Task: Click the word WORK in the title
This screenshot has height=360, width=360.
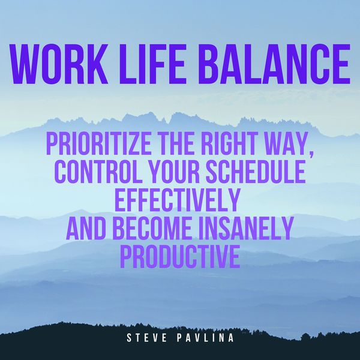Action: click(x=59, y=65)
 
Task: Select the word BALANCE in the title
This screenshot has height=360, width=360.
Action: click(x=277, y=65)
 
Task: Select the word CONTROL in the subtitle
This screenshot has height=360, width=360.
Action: click(x=98, y=171)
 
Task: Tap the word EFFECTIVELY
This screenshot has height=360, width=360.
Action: click(x=177, y=200)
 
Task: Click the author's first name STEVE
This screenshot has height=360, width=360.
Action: click(x=147, y=338)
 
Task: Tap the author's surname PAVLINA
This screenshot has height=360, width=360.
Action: click(x=205, y=338)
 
